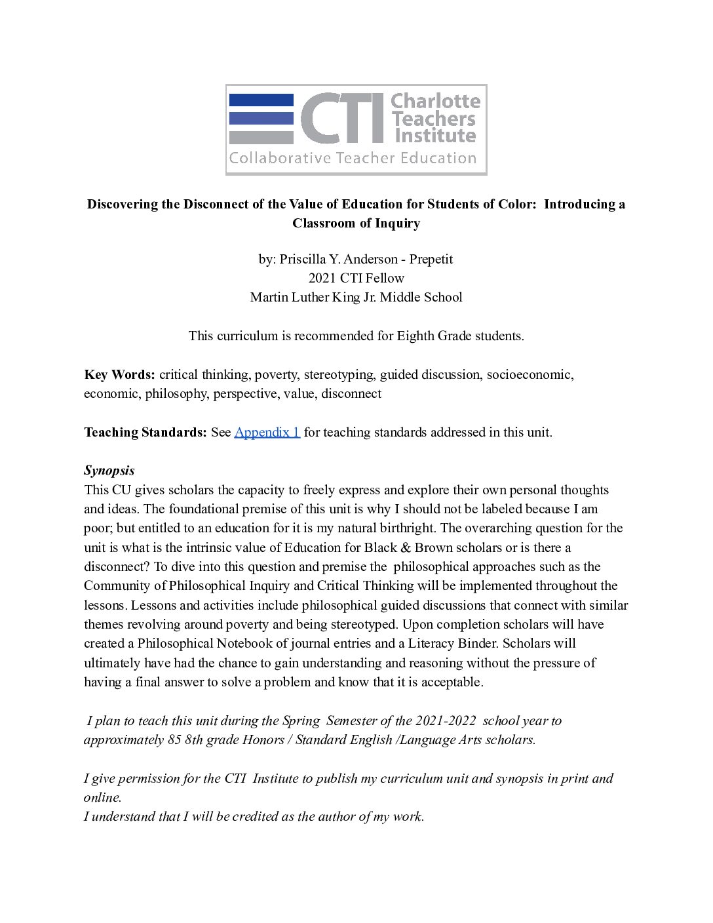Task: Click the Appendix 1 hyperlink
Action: click(x=267, y=432)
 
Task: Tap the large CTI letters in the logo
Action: click(x=343, y=119)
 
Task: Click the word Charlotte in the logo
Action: click(x=435, y=102)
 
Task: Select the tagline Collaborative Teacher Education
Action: click(x=353, y=158)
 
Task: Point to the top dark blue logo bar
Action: click(x=261, y=100)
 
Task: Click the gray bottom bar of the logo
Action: click(x=261, y=138)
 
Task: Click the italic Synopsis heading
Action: click(x=109, y=470)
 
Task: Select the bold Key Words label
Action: click(x=119, y=374)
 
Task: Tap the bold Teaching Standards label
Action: click(x=145, y=432)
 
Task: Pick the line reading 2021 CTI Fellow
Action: click(x=356, y=278)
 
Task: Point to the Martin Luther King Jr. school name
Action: click(x=356, y=297)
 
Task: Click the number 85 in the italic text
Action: click(x=174, y=739)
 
